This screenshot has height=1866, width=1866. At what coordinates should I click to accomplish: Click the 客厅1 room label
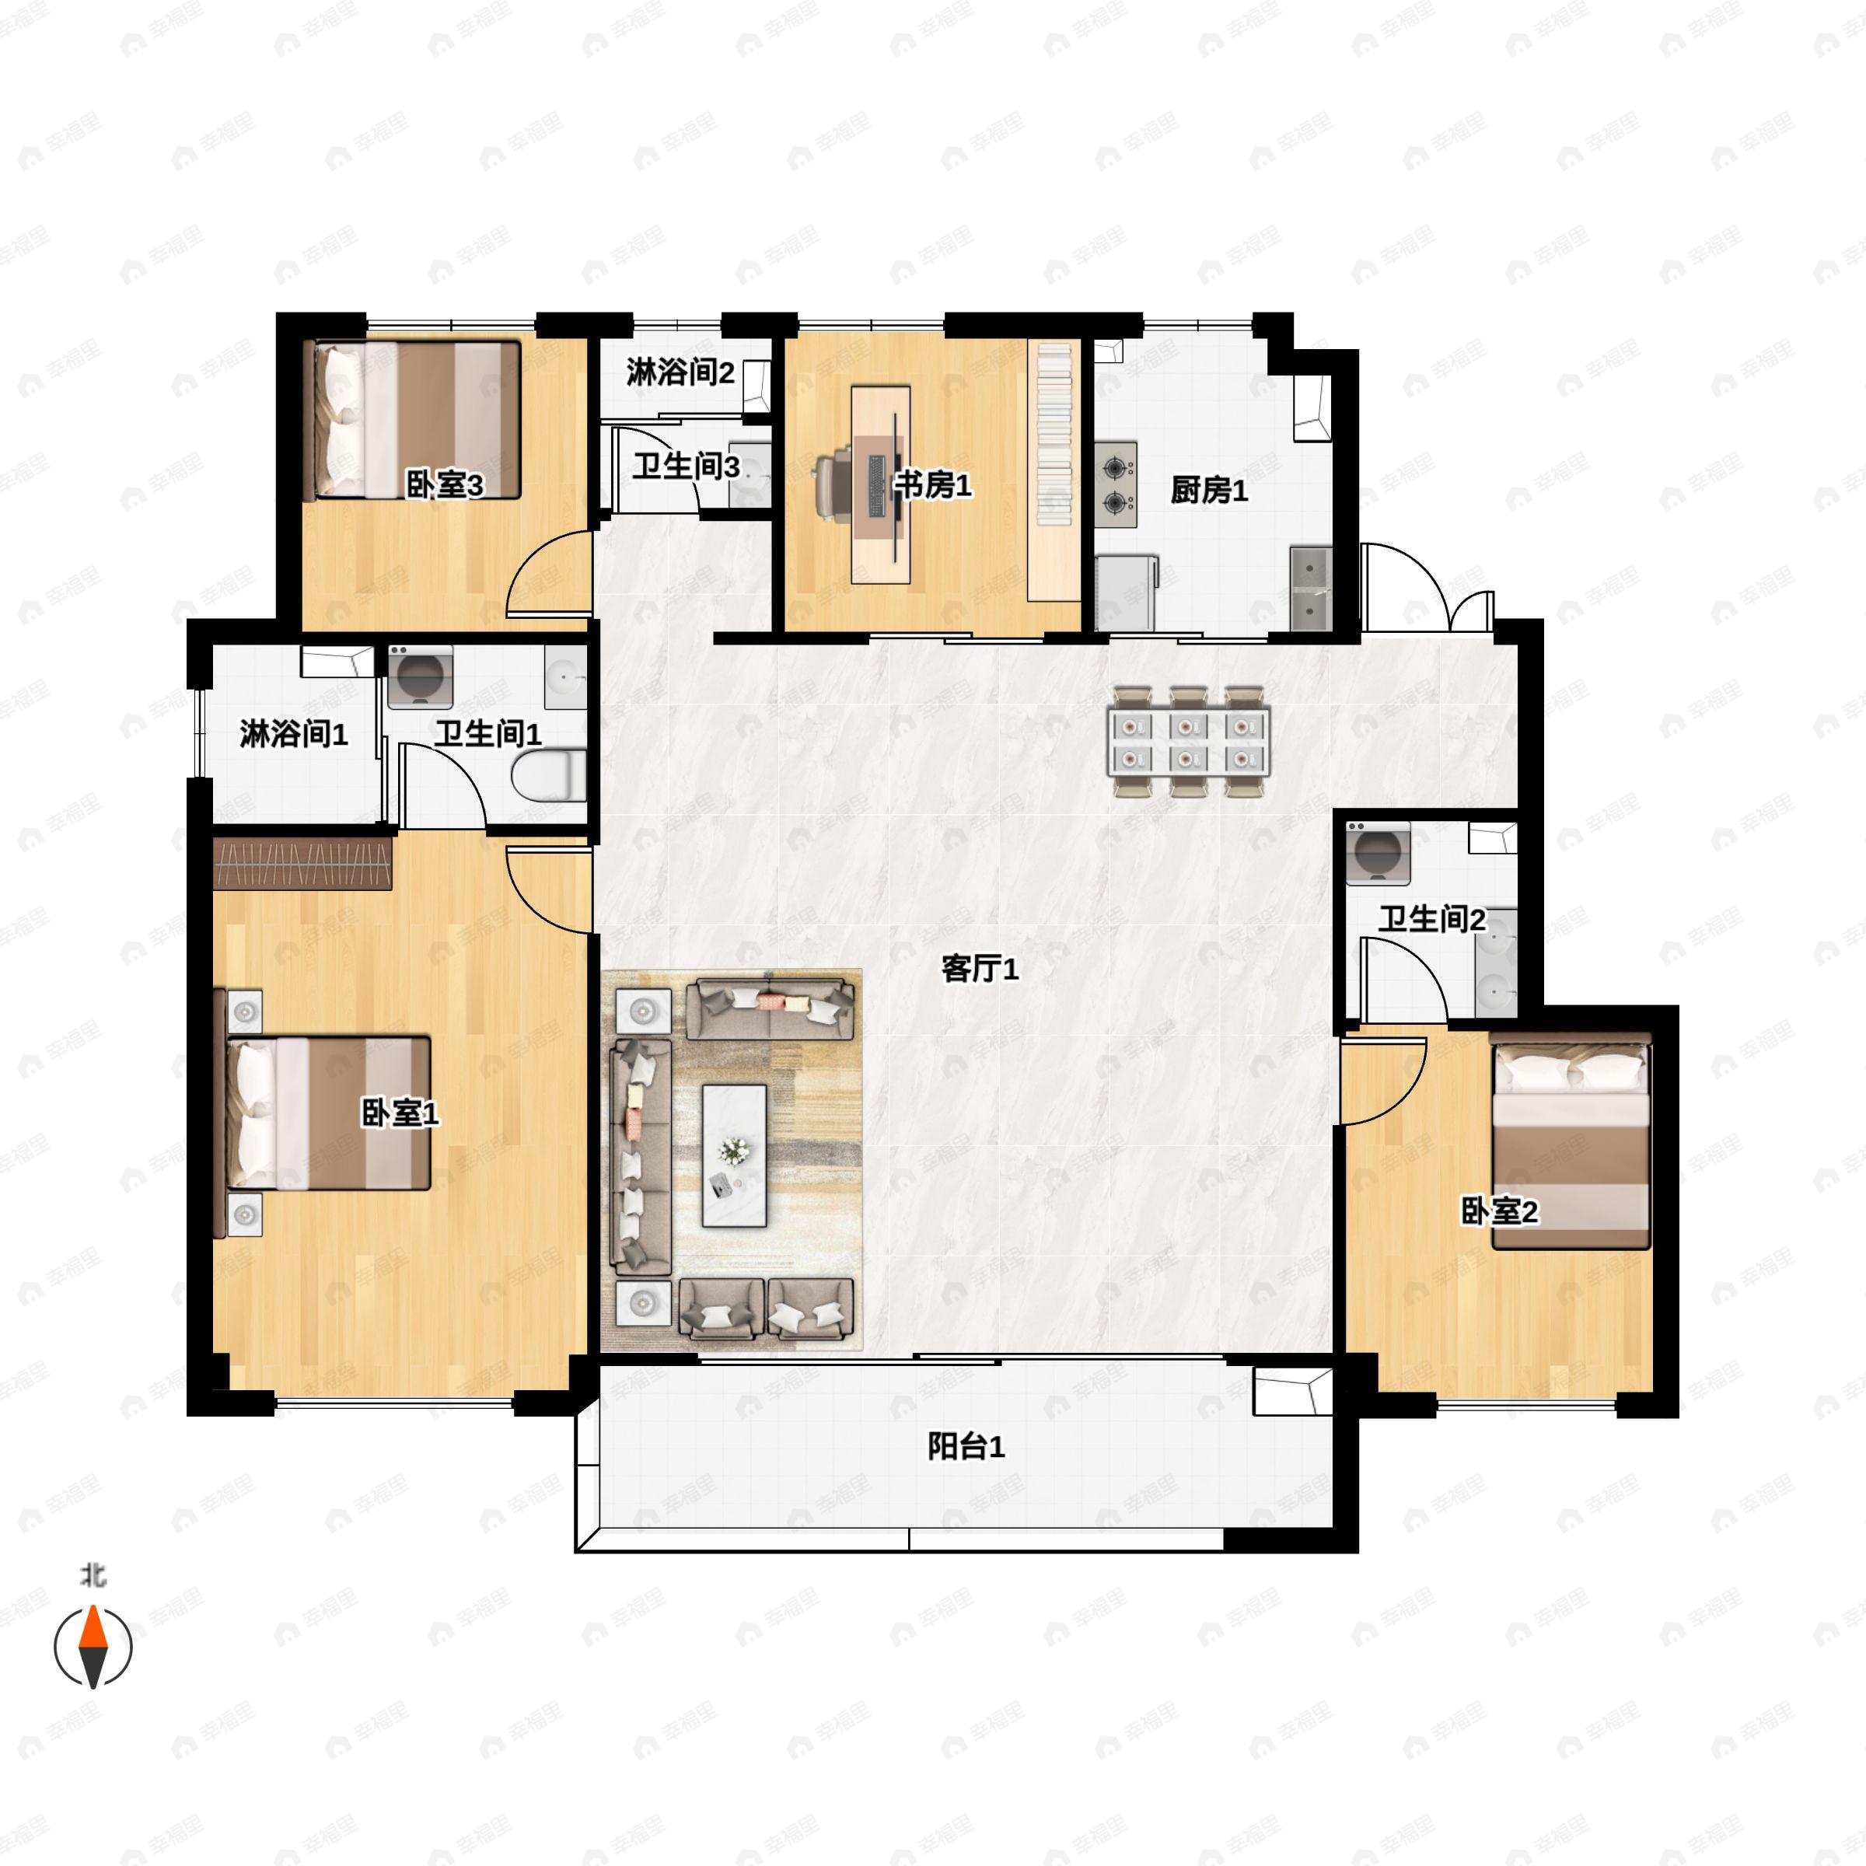pyautogui.click(x=980, y=968)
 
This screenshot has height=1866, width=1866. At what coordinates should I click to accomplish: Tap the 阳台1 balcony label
pyautogui.click(x=966, y=1447)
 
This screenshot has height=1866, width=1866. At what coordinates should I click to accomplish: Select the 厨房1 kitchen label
pyautogui.click(x=1209, y=491)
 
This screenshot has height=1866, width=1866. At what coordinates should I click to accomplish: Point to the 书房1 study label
pyautogui.click(x=932, y=485)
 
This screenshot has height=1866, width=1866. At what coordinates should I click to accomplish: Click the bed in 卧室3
pyautogui.click(x=412, y=419)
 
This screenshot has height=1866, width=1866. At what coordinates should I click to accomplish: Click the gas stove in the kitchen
pyautogui.click(x=1116, y=485)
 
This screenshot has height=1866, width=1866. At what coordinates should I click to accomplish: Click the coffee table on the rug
pyautogui.click(x=734, y=1156)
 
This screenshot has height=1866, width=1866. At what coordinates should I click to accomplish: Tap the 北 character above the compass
pyautogui.click(x=93, y=1576)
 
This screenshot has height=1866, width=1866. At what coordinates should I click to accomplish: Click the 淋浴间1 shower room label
pyautogui.click(x=294, y=734)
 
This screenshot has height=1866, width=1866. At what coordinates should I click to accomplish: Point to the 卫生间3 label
pyautogui.click(x=686, y=467)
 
